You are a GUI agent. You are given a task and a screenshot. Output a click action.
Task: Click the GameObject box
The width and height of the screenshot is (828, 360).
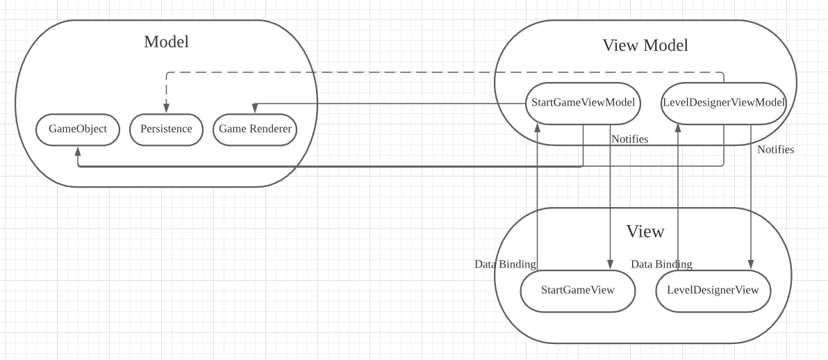[x=78, y=129]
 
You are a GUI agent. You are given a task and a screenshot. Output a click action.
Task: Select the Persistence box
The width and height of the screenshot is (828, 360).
[x=166, y=129]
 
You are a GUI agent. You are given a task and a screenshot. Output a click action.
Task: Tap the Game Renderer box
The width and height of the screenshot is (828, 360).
[x=255, y=129]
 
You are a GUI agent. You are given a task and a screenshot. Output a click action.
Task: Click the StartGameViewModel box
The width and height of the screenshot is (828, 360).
[x=583, y=103]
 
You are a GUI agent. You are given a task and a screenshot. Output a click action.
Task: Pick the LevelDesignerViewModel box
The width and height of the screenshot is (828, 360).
[x=724, y=103]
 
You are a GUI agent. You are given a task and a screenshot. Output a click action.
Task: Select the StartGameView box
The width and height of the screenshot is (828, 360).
[x=577, y=289]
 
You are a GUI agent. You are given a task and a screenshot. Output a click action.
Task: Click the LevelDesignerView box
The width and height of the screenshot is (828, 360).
[x=713, y=289]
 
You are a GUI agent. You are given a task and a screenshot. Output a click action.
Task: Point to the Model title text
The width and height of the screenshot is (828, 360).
[x=166, y=42]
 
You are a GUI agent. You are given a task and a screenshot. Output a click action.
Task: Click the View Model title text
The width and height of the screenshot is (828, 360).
[x=645, y=46]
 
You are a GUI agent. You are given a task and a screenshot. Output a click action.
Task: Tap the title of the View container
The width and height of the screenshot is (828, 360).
[x=645, y=231]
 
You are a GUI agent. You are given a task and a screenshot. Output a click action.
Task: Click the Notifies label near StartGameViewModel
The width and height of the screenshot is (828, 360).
[x=629, y=139]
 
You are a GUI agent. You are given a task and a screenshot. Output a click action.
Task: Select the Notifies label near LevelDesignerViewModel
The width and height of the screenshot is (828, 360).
[x=775, y=149]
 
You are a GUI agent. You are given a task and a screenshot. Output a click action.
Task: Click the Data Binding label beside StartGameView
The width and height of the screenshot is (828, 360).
[x=505, y=264]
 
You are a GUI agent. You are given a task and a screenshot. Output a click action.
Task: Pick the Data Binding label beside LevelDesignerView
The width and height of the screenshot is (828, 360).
[x=661, y=264]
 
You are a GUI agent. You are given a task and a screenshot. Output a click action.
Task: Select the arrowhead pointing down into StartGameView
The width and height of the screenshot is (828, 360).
[x=610, y=264]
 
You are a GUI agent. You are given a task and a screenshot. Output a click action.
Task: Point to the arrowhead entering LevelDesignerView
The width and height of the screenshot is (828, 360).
[x=750, y=264]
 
